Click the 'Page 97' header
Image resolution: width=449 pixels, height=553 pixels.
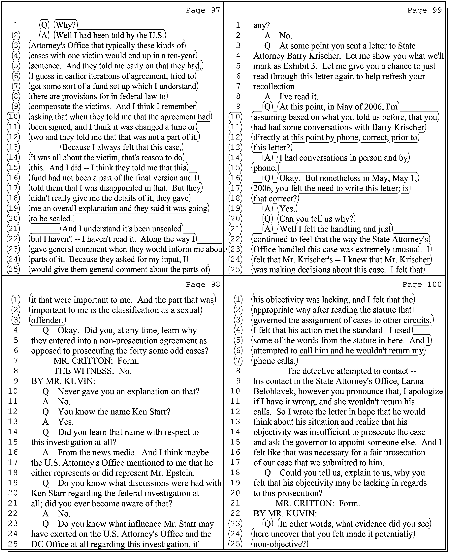[203, 10]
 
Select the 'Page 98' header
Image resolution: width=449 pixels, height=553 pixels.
[203, 285]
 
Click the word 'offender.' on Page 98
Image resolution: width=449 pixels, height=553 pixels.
[47, 320]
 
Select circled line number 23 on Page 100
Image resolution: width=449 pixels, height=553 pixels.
[235, 524]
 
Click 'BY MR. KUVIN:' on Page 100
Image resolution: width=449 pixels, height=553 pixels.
[285, 513]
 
